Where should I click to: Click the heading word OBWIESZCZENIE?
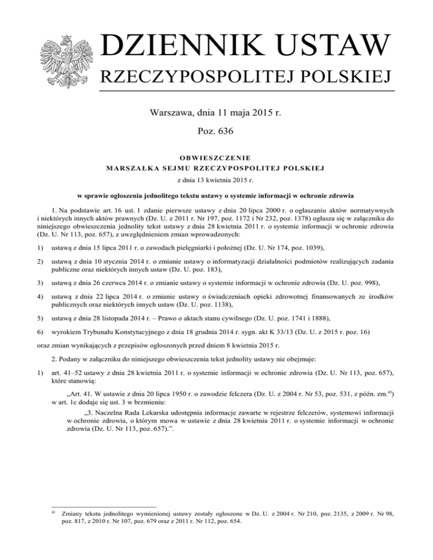point(216,157)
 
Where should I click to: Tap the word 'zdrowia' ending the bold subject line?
point(370,195)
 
